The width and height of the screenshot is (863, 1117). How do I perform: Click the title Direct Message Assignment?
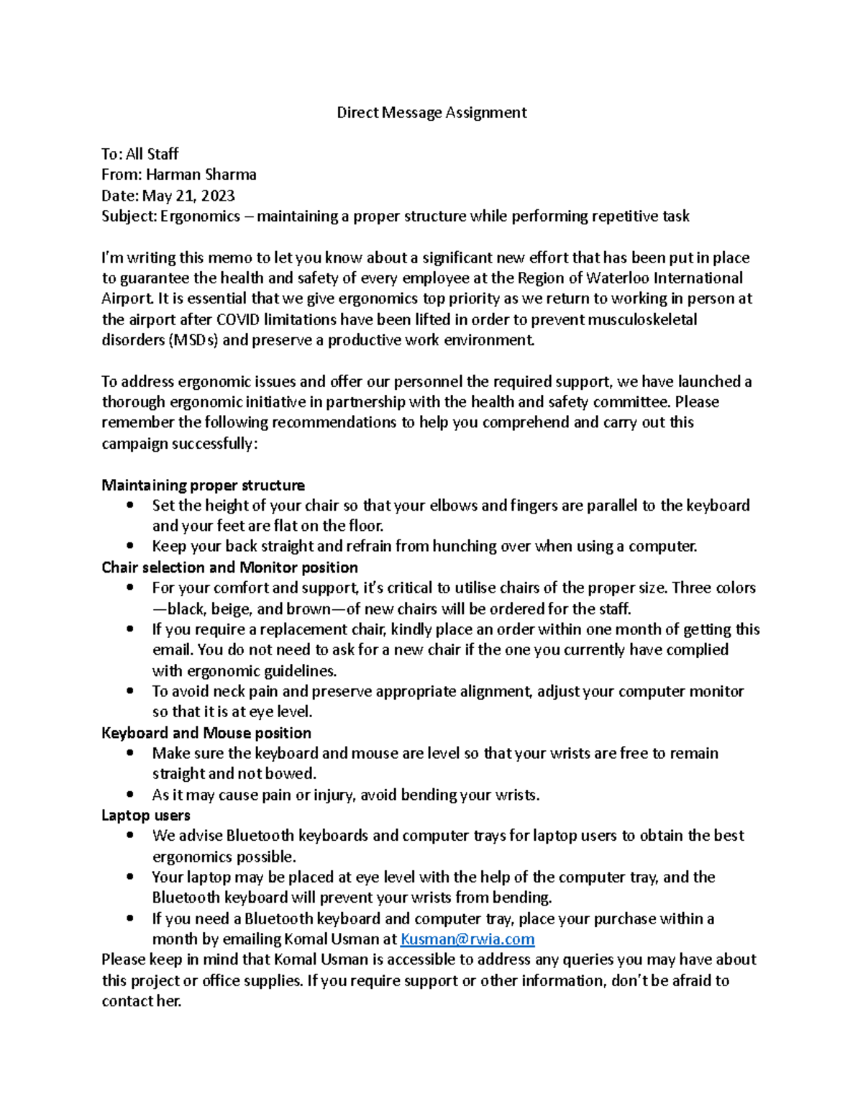click(431, 112)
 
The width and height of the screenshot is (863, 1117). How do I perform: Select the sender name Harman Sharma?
click(201, 175)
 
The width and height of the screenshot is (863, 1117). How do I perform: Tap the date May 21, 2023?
click(188, 196)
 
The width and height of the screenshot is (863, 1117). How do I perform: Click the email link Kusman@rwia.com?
click(467, 939)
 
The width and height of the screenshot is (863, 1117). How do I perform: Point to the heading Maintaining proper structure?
click(203, 485)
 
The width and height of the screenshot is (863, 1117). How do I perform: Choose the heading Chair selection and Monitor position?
click(229, 567)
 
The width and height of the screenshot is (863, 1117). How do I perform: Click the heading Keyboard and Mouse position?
click(206, 733)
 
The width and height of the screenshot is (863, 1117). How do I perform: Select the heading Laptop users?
click(145, 816)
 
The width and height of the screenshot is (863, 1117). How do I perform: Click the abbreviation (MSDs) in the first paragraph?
click(193, 340)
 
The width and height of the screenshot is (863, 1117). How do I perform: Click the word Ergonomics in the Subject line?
click(200, 216)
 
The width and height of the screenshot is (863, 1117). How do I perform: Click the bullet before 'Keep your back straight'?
click(129, 547)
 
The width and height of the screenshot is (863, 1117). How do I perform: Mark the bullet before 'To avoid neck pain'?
click(129, 691)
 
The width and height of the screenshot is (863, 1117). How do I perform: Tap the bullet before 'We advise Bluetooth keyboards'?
click(129, 836)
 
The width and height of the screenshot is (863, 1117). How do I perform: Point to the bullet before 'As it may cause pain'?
click(129, 795)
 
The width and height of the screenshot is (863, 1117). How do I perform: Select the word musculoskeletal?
click(642, 319)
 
